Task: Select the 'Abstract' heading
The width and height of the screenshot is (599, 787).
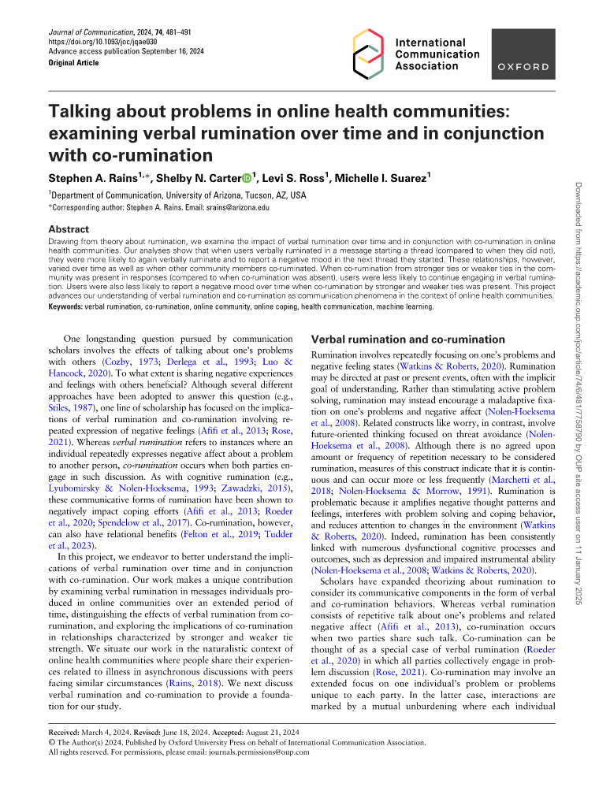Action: point(70,230)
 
